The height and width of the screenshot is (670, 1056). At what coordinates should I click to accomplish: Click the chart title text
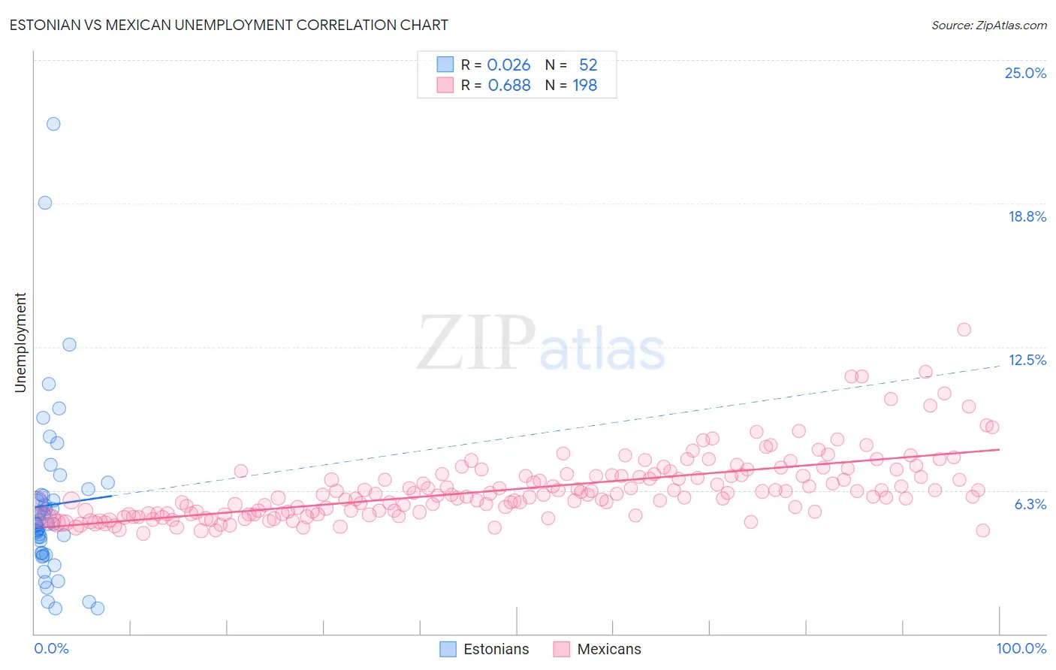[x=229, y=25]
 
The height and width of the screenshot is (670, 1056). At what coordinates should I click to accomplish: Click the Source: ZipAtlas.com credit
[x=988, y=25]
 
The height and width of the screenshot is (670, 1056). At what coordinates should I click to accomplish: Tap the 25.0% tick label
[x=1025, y=73]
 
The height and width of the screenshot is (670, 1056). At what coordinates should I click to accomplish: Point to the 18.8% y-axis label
[x=1027, y=216]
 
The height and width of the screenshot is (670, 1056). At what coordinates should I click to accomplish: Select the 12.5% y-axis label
[x=1027, y=360]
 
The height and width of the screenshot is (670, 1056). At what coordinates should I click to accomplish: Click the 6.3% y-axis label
[x=1030, y=504]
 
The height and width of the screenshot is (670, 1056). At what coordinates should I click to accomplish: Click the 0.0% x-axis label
[x=51, y=648]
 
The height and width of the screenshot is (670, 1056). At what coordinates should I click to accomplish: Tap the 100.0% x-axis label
[x=1021, y=648]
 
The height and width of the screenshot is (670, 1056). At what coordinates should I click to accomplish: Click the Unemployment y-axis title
[x=20, y=343]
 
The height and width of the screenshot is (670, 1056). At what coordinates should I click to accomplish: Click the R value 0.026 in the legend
[x=508, y=65]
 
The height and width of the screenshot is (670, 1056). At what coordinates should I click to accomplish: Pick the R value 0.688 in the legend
[x=509, y=86]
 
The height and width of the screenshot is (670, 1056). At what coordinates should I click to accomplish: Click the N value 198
[x=585, y=86]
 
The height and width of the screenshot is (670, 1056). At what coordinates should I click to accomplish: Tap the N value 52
[x=588, y=65]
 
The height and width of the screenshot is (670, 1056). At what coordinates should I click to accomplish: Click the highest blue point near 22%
[x=53, y=124]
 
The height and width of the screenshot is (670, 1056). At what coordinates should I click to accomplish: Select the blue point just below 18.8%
[x=45, y=203]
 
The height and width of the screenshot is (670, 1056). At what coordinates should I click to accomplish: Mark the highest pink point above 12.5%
[x=964, y=330]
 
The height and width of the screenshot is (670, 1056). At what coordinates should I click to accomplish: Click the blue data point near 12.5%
[x=69, y=345]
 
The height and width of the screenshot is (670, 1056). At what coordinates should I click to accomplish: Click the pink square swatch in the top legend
[x=445, y=86]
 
